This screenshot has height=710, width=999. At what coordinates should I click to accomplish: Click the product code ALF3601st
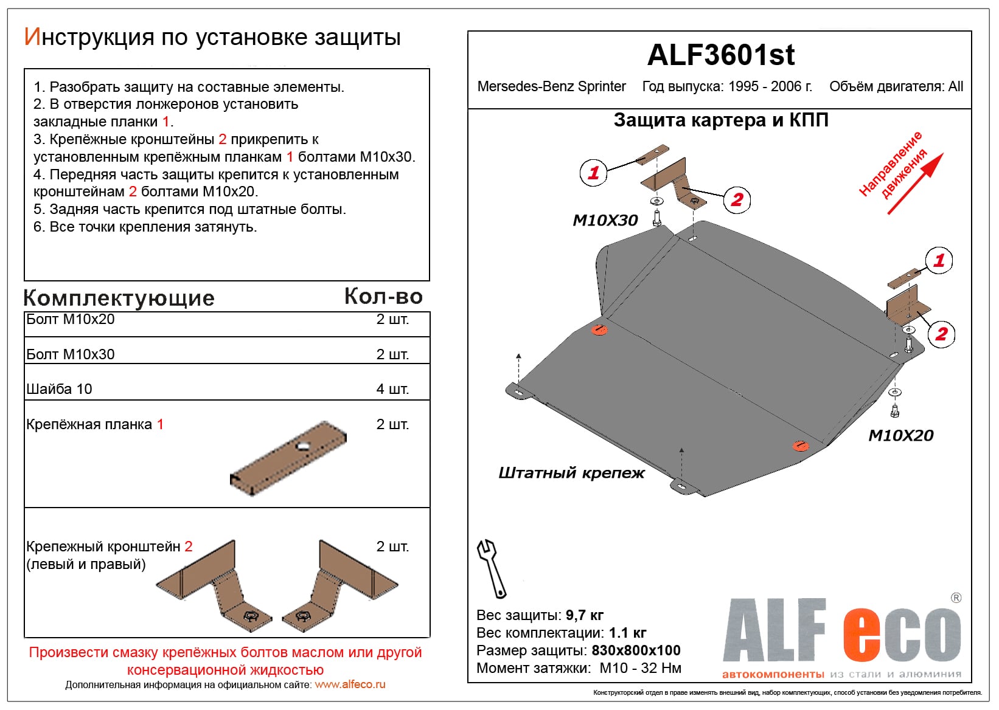click(x=720, y=55)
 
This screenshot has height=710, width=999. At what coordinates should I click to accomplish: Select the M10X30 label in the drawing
click(x=605, y=220)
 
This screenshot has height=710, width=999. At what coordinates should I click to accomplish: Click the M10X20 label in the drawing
click(x=900, y=435)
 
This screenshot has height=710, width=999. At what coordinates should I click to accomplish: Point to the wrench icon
click(x=491, y=568)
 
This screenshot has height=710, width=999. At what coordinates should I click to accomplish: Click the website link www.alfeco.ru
click(x=350, y=684)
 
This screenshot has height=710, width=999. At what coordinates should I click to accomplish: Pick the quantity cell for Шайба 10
click(x=392, y=389)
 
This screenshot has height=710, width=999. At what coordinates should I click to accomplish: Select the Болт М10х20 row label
click(x=71, y=320)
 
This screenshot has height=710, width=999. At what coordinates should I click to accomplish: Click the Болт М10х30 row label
click(x=71, y=354)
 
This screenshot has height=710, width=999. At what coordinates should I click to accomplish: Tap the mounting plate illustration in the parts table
click(x=288, y=458)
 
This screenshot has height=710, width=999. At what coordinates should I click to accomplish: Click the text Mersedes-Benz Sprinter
click(x=551, y=86)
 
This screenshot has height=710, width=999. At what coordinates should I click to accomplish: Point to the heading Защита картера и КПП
click(x=720, y=120)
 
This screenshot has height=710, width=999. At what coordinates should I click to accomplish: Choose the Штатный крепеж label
click(x=571, y=473)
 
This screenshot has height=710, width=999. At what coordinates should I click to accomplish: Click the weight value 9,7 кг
click(x=584, y=615)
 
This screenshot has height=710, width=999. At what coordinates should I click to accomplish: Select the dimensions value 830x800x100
click(x=636, y=650)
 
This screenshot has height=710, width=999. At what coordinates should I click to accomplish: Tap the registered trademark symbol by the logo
click(x=956, y=598)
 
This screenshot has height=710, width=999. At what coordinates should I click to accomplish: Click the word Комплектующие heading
click(x=119, y=298)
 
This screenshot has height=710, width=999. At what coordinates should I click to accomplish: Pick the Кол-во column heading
click(x=383, y=296)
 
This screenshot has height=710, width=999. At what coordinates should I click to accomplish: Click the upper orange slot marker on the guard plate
click(x=599, y=330)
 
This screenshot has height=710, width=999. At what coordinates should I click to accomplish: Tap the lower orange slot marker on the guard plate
click(x=801, y=446)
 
